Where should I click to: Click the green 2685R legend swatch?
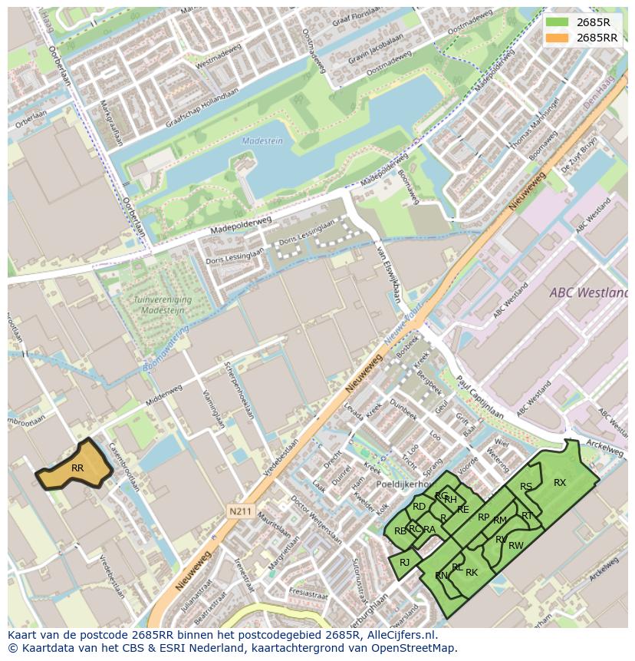pos(558,22)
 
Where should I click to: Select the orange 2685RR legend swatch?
pos(558,38)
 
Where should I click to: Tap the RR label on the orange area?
pos(77,468)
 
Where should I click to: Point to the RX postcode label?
pos(560,483)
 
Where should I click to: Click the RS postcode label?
pos(526,487)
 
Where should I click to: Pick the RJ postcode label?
pos(405,563)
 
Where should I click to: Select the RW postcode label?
pos(516,546)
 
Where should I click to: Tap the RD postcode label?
pos(419,507)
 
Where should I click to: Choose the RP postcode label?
pos(483,517)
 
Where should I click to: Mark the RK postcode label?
pos(472,573)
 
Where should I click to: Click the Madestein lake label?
pos(263,141)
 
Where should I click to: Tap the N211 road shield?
pos(239,509)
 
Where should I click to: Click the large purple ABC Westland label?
pos(588,293)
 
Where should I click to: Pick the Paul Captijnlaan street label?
pos(480,397)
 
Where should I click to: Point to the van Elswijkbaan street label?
pos(389,280)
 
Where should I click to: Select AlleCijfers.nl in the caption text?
pos(400,635)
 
